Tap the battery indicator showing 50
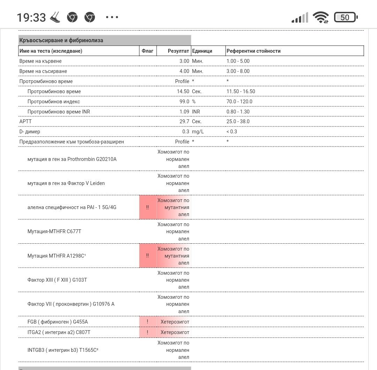(x=345, y=17)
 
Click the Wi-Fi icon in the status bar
(x=320, y=17)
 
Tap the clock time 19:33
(x=31, y=17)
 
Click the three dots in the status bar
(x=112, y=17)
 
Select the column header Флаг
(x=148, y=51)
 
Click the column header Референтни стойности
(x=253, y=51)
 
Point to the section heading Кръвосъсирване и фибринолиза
(x=61, y=40)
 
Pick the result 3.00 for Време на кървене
(x=184, y=61)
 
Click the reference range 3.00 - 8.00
(x=238, y=71)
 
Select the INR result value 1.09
(x=184, y=112)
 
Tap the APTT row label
(x=25, y=121)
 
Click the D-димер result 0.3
(x=186, y=132)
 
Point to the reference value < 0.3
(x=231, y=132)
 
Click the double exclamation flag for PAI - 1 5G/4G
(x=148, y=207)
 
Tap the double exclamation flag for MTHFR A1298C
(x=148, y=256)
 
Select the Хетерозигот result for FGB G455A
(x=175, y=322)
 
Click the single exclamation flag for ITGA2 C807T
(x=148, y=332)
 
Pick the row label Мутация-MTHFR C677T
(x=54, y=231)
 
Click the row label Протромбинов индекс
(x=54, y=102)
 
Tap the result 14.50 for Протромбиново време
(x=183, y=91)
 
